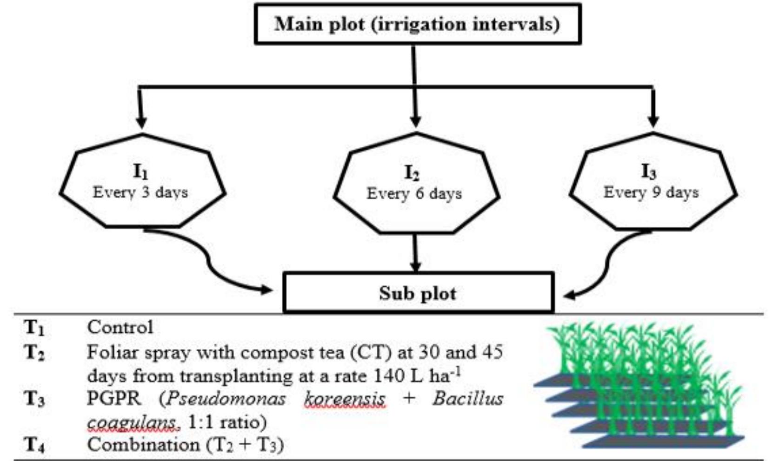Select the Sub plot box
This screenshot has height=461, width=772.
click(418, 293)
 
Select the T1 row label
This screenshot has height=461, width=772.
click(34, 328)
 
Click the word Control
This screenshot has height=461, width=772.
click(120, 327)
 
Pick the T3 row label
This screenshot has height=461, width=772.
click(34, 399)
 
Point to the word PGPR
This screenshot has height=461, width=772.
click(113, 399)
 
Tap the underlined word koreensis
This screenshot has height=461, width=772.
click(345, 399)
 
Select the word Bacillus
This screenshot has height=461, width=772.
click(468, 399)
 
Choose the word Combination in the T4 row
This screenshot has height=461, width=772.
click(144, 445)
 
